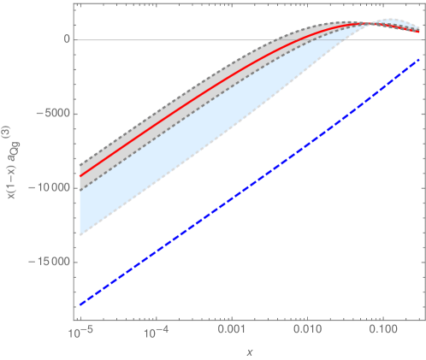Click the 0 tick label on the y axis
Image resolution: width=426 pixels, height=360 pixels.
pos(65,39)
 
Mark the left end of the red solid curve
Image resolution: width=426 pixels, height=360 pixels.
pos(80,176)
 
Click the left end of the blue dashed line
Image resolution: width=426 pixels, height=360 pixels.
pos(80,304)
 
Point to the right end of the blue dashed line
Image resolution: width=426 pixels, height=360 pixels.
pos(420,58)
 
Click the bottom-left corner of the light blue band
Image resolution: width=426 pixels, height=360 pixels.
pos(80,235)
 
